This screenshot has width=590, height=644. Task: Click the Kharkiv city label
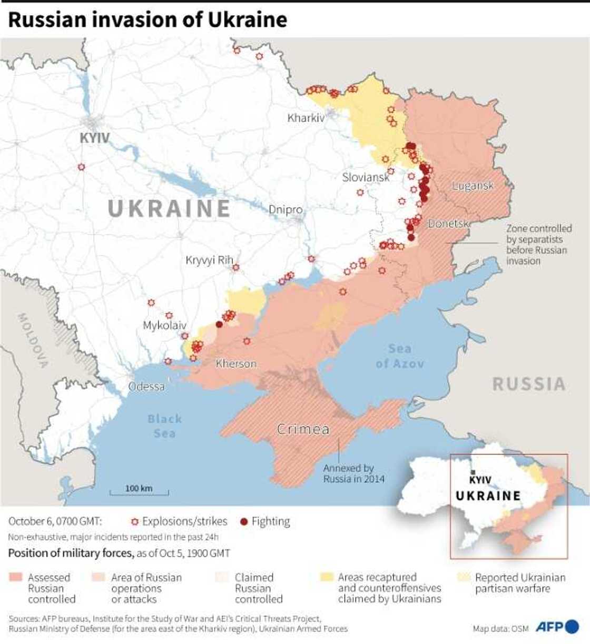pyautogui.click(x=306, y=118)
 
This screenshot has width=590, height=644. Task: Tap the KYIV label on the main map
pyautogui.click(x=95, y=138)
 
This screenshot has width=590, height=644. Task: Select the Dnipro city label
pyautogui.click(x=286, y=209)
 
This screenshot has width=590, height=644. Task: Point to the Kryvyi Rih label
pyautogui.click(x=209, y=260)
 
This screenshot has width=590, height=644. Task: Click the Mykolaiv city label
pyautogui.click(x=164, y=326)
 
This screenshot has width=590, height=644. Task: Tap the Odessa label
pyautogui.click(x=146, y=386)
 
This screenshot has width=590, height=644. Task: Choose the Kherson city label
pyautogui.click(x=236, y=364)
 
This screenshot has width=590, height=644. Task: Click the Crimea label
pyautogui.click(x=303, y=429)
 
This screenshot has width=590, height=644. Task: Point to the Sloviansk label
pyautogui.click(x=366, y=177)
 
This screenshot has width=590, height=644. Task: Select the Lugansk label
pyautogui.click(x=473, y=185)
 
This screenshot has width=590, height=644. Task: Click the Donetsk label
pyautogui.click(x=448, y=224)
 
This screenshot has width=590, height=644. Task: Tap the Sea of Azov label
pyautogui.click(x=399, y=356)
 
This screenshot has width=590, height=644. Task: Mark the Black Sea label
pyautogui.click(x=164, y=426)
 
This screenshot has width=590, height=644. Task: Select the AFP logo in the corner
pyautogui.click(x=557, y=627)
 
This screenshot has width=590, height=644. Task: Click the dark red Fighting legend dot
pyautogui.click(x=243, y=521)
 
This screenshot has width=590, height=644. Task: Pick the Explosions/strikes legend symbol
pyautogui.click(x=134, y=521)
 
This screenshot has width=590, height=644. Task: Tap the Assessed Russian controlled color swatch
pyautogui.click(x=16, y=577)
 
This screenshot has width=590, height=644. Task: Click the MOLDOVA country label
pyautogui.click(x=33, y=340)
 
